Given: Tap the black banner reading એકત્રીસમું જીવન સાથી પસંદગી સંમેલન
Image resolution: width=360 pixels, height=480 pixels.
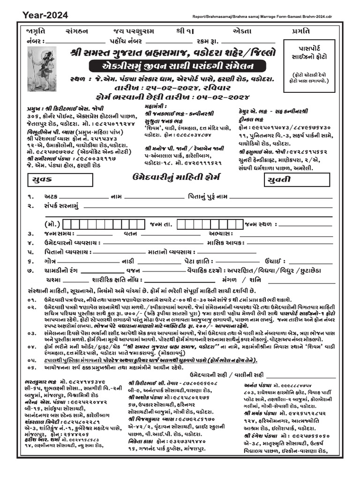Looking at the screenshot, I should point(172,65).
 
